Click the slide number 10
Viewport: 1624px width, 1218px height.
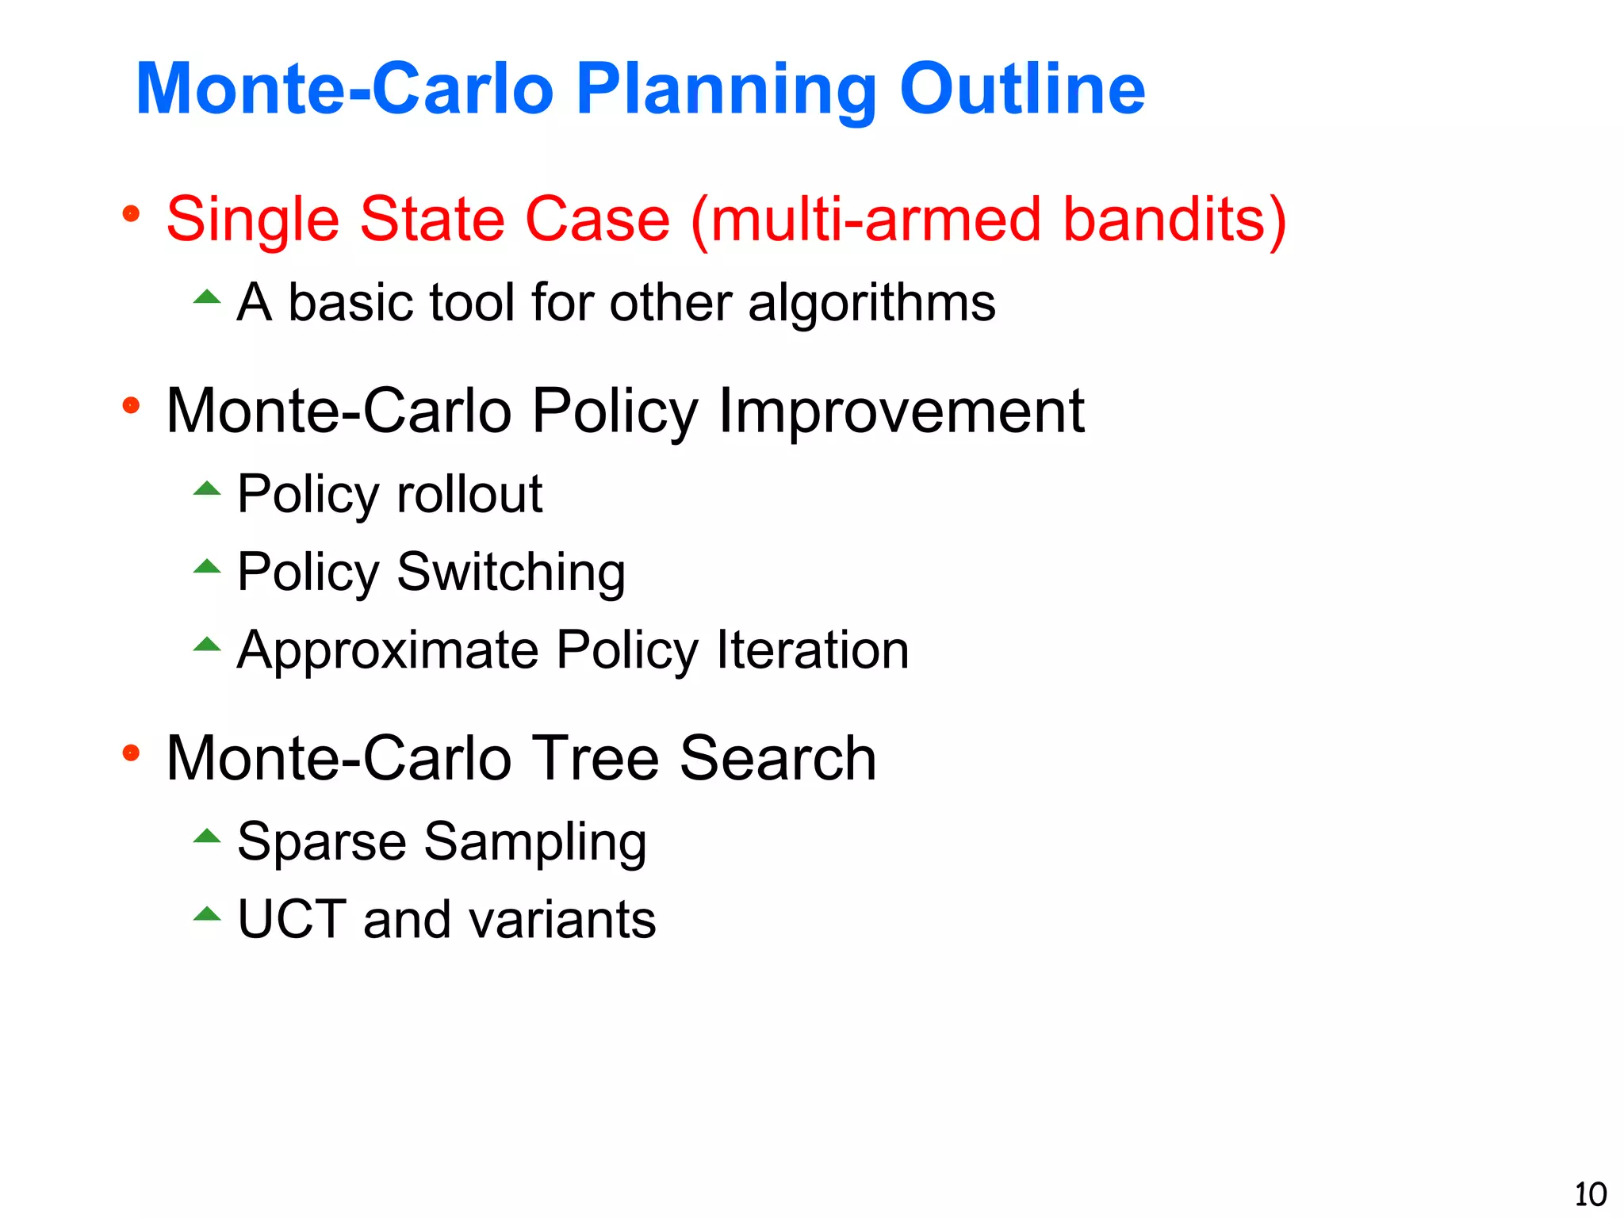(1589, 1194)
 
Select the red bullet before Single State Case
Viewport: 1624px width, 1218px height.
(132, 214)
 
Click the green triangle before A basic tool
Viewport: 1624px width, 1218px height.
(207, 297)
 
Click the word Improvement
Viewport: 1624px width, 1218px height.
(901, 411)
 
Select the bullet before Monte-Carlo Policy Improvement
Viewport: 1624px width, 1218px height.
(132, 406)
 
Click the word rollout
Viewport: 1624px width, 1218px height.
(469, 494)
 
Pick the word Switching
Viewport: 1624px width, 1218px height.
(511, 572)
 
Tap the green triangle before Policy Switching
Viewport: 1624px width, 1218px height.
(207, 566)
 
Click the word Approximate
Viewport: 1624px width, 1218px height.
(389, 650)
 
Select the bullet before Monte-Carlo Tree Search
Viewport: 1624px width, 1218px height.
(132, 753)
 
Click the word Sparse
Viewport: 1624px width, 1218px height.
(322, 841)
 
